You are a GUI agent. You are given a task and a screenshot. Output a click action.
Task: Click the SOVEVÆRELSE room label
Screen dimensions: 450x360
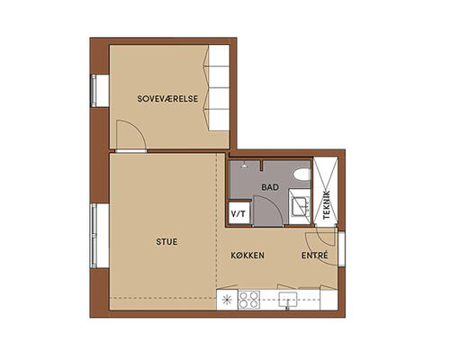[x=167, y=99]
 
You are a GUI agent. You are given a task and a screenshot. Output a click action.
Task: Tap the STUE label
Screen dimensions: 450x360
[x=166, y=242]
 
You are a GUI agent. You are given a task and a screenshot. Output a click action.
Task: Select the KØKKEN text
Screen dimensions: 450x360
[x=247, y=256]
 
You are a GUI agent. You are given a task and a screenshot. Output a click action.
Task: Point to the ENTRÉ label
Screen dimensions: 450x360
[x=315, y=256]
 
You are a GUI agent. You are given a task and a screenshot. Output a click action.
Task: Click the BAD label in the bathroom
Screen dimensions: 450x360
[x=270, y=187]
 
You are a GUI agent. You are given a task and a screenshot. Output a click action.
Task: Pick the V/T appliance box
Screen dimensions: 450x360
[x=238, y=213]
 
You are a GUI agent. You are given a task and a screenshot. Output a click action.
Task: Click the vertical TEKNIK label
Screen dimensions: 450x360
[x=327, y=205]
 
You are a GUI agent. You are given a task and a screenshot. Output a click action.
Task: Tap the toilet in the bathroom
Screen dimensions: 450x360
[x=301, y=175]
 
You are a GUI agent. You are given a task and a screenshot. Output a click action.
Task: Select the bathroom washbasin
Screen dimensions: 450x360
[x=301, y=206]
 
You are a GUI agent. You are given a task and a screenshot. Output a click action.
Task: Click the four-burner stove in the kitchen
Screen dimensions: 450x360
[x=249, y=300]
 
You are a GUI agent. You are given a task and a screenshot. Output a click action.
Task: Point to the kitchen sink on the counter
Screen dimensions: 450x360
[x=288, y=300]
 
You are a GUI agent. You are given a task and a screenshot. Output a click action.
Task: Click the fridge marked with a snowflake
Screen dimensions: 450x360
[x=227, y=300]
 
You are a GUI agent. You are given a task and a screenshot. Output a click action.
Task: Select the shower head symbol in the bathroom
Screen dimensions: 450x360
[x=245, y=166]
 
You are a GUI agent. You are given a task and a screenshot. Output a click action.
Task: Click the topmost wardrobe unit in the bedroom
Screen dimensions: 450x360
[x=219, y=56]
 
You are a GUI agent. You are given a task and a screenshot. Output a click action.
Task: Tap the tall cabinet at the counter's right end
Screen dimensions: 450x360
[x=328, y=300]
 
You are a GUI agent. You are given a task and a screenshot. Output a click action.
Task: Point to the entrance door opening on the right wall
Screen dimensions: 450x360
[x=341, y=248]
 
